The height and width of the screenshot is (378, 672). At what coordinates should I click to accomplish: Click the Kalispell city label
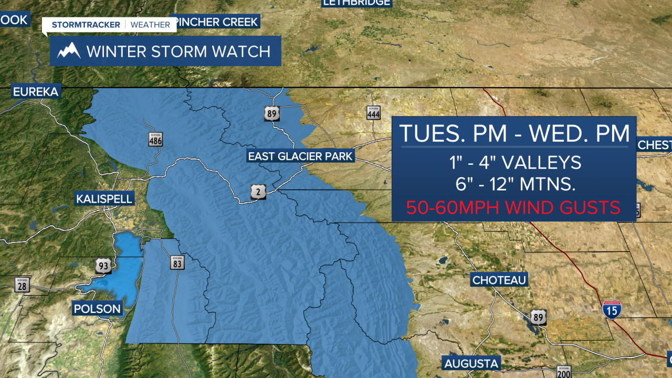point(104,199)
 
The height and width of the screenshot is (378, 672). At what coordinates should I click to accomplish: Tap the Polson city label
point(97,308)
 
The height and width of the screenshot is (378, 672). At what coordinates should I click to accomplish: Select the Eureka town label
point(36,91)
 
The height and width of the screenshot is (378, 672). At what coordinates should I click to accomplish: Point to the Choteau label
point(499,280)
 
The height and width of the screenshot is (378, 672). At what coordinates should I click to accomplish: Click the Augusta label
point(471,363)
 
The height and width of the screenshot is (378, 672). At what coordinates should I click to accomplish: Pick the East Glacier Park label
point(300,156)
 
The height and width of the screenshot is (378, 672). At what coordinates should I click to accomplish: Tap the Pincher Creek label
point(217,22)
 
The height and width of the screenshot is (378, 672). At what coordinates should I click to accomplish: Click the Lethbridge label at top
point(356,3)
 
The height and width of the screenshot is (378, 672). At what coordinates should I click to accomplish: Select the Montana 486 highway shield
point(155,139)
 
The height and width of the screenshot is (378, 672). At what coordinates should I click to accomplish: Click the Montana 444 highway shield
point(373,112)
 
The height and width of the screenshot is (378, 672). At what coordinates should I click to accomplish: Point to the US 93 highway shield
point(103,266)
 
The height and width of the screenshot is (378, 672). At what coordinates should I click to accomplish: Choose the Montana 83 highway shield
point(176,262)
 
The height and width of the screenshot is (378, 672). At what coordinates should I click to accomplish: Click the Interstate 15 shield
point(611,309)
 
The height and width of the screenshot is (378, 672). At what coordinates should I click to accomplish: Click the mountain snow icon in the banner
point(69,51)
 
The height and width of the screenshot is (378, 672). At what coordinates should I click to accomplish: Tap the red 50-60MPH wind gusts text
point(513,207)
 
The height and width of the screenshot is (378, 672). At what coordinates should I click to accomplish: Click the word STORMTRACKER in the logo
point(86,25)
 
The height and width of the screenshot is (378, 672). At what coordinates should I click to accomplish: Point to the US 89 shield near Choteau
point(537,317)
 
